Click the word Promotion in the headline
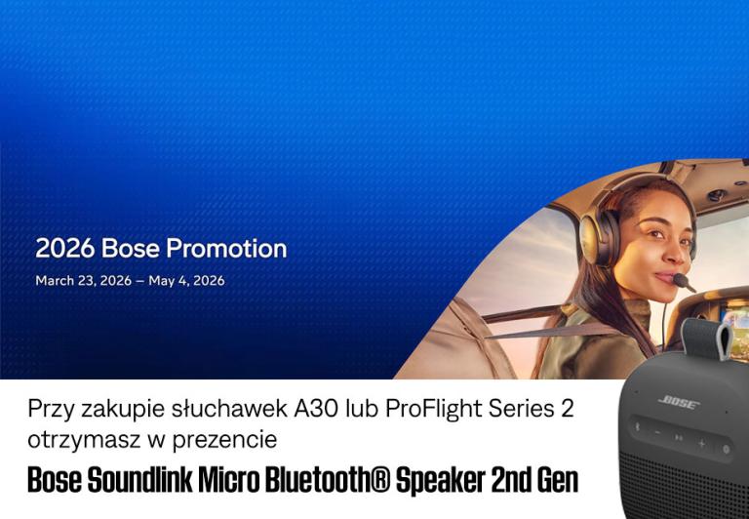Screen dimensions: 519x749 tap(226, 249)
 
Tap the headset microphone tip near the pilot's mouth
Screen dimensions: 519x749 tap(691, 288)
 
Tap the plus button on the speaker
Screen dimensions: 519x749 tap(701, 444)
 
